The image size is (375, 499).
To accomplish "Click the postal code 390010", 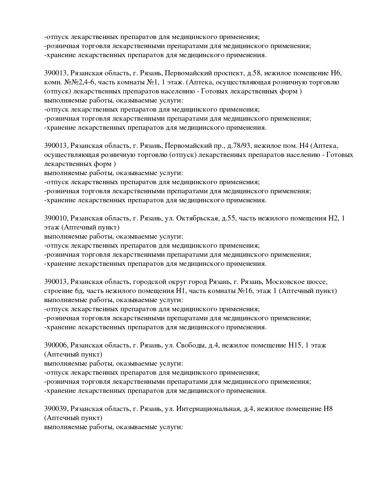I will coord(55,218).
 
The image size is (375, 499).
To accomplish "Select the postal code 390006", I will coord(55,345).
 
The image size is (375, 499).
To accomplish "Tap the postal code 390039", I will coord(55,409).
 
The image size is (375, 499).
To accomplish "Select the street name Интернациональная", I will coord(208,409).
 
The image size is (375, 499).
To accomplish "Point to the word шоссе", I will coord(317,282).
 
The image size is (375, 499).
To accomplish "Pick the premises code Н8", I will coord(328,409).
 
